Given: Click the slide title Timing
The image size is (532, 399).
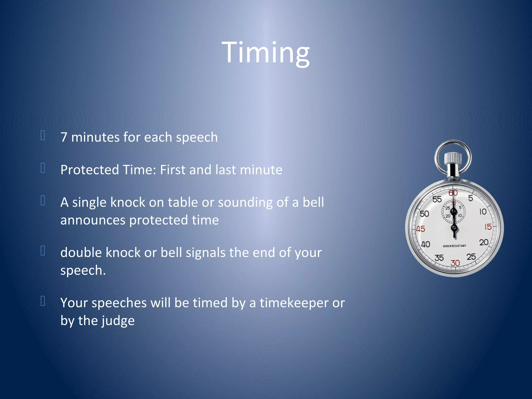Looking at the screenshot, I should [x=265, y=53].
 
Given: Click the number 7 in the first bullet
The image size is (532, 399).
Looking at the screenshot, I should [x=64, y=137].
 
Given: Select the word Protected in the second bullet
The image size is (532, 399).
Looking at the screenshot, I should [x=90, y=170].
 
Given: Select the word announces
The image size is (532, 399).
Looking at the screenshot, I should [x=93, y=220].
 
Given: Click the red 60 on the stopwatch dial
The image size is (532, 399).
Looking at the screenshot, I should [x=453, y=193].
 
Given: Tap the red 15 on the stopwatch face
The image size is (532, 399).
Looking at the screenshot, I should [x=488, y=227].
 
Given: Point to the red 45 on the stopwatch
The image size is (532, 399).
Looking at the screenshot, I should [x=421, y=229].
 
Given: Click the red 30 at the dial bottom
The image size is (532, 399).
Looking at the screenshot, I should [x=455, y=263].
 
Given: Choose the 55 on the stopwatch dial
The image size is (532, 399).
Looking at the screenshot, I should [x=437, y=199].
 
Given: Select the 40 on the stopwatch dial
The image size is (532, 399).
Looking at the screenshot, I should [x=425, y=244].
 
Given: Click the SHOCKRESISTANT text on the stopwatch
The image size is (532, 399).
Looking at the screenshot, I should [x=454, y=246].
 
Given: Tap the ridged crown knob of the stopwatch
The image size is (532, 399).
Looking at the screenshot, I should [x=453, y=158].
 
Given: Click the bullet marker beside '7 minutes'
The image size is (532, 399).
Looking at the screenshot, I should [x=43, y=135].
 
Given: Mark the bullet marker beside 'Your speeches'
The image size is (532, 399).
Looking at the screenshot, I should [x=43, y=301].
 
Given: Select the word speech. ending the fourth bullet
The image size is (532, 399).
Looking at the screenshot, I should [x=83, y=270].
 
